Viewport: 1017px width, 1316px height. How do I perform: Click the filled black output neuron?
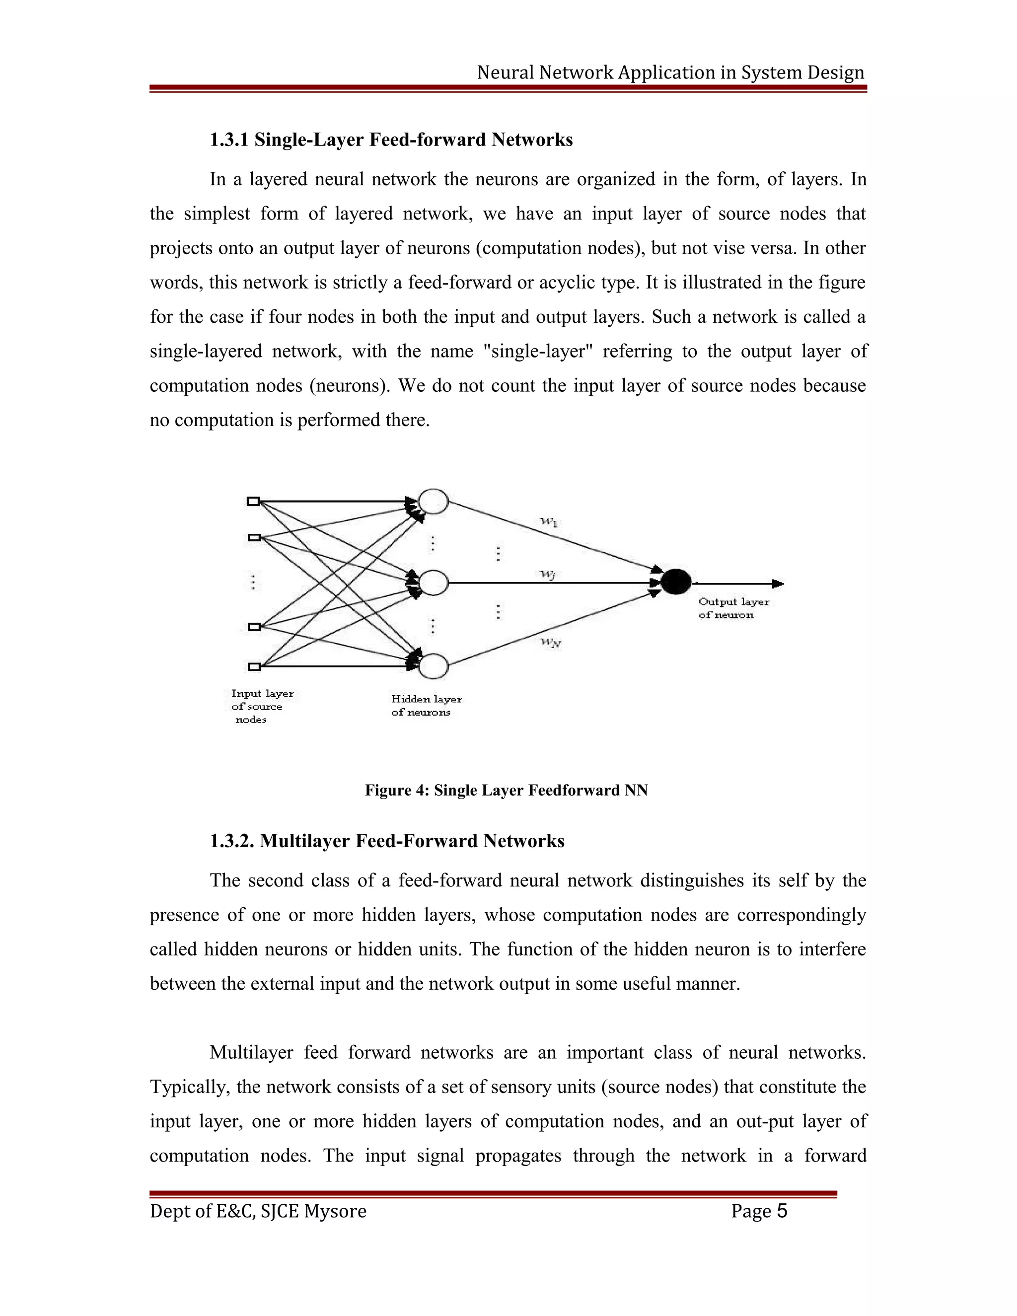point(675,582)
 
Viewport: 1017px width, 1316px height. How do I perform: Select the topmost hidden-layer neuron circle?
point(434,502)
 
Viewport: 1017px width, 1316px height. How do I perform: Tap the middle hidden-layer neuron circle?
point(434,583)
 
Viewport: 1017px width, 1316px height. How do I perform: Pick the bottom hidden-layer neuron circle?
point(434,666)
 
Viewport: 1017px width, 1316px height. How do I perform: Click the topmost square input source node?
point(254,502)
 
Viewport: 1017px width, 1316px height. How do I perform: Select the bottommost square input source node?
point(254,666)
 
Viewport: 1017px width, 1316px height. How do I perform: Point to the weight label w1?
point(548,522)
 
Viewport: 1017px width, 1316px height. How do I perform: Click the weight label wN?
point(550,642)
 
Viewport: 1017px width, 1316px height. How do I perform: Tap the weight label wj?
point(547,574)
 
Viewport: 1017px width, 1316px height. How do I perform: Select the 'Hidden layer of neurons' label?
point(426,706)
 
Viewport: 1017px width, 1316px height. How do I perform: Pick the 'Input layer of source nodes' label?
point(261,706)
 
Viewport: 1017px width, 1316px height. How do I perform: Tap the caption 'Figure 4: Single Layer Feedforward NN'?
point(506,790)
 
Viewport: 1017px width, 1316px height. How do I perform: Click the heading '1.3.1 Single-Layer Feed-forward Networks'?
point(391,140)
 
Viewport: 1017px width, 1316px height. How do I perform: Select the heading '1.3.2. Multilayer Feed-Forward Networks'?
point(387,841)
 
